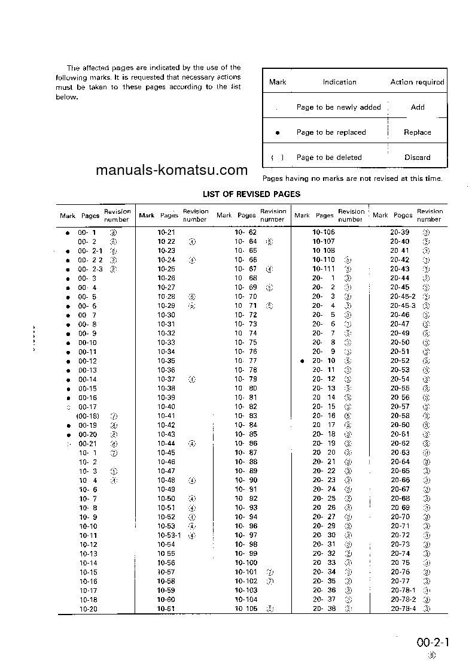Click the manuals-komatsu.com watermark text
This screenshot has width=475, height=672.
point(172,170)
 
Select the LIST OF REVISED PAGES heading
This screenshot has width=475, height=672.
point(251,194)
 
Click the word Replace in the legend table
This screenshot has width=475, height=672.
point(417,132)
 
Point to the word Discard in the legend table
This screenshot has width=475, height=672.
point(417,158)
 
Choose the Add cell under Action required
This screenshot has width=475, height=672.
point(418,107)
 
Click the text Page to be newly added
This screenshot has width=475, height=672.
point(339,107)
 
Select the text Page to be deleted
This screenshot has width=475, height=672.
point(329,158)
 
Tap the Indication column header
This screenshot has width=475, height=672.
point(339,82)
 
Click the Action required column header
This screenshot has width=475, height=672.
point(417,82)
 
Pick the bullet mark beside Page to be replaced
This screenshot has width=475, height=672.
point(277,133)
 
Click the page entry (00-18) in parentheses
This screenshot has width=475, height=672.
point(87,416)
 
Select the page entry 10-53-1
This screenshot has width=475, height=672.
point(169,535)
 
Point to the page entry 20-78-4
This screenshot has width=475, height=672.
point(403,609)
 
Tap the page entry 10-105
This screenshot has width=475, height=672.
point(246,609)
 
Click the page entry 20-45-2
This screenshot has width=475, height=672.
point(403,296)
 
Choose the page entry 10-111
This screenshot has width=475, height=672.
point(324,269)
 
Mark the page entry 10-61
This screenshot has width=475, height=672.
point(166,609)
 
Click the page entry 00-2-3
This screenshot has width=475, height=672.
point(90,269)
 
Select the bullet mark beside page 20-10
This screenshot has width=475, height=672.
point(303,361)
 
